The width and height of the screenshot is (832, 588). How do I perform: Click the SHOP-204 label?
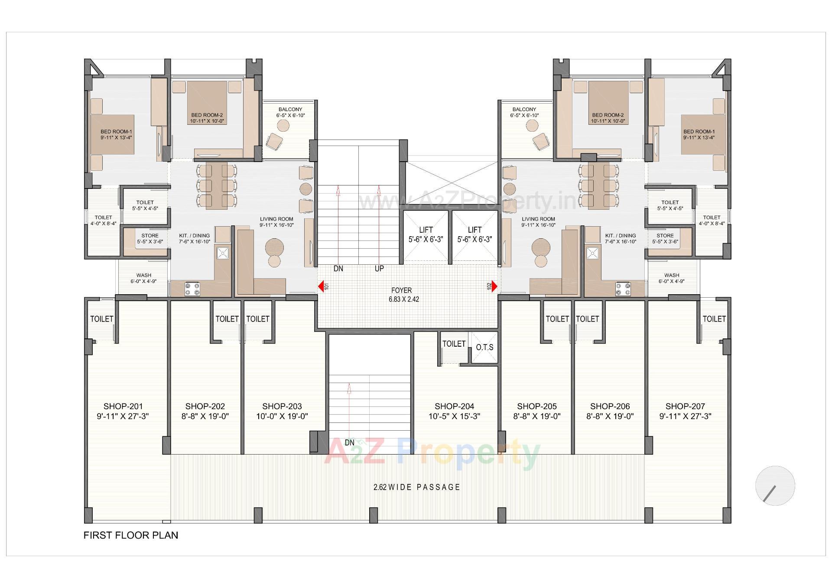click(454, 406)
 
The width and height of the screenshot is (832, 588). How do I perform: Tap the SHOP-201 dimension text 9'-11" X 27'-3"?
click(123, 416)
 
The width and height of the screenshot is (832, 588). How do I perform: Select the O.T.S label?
click(484, 348)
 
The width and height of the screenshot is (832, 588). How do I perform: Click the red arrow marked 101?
click(321, 286)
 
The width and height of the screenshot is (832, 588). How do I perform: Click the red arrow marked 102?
click(494, 286)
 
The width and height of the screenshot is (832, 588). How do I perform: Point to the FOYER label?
click(401, 290)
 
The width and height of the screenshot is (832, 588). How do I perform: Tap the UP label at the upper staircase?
click(379, 269)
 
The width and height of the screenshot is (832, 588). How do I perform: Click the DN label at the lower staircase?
click(350, 443)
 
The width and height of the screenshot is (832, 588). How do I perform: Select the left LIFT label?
click(426, 230)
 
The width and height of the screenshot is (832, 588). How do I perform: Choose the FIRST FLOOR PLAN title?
click(131, 535)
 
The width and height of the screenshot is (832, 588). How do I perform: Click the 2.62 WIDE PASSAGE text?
click(417, 487)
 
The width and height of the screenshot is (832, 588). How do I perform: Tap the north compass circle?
click(775, 486)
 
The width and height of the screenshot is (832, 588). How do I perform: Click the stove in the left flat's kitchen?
click(192, 289)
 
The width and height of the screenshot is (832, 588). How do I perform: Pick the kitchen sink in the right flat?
click(592, 253)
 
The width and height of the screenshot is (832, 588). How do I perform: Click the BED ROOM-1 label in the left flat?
click(116, 132)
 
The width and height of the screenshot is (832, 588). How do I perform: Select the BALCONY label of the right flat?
click(524, 110)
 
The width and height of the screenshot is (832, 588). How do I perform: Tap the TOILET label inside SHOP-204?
click(454, 344)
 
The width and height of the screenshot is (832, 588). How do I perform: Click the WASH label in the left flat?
click(144, 275)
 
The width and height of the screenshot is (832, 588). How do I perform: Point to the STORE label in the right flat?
click(665, 236)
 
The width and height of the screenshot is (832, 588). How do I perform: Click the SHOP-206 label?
click(610, 406)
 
